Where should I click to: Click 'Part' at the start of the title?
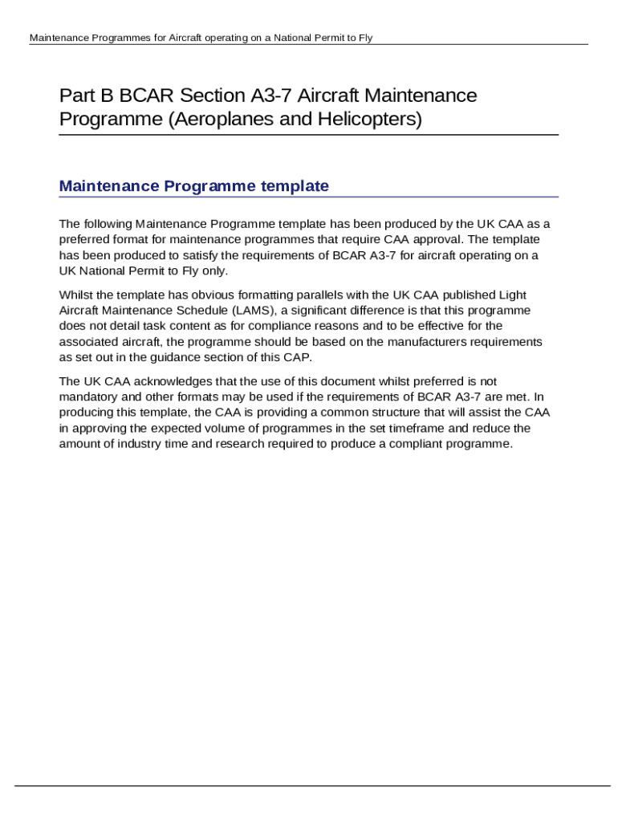pyautogui.click(x=76, y=96)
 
